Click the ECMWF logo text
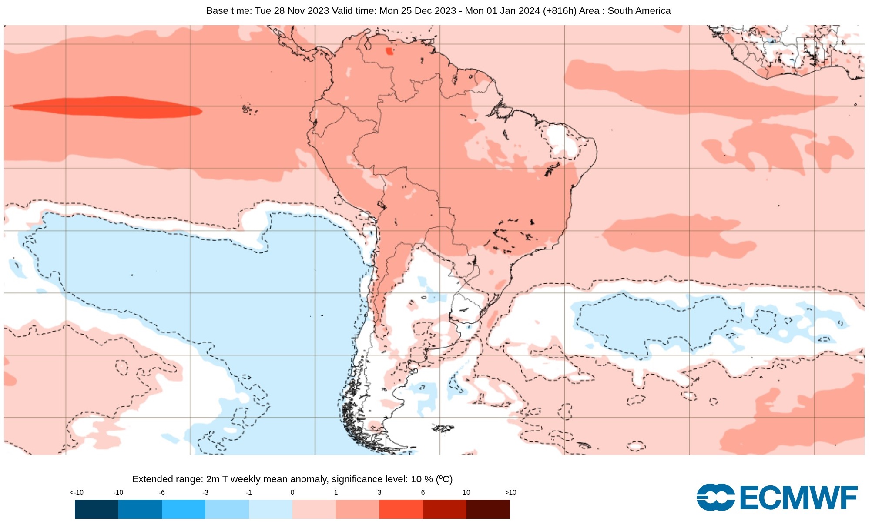click(x=798, y=498)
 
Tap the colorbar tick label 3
click(x=379, y=492)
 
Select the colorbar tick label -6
click(x=161, y=492)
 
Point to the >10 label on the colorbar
click(x=510, y=492)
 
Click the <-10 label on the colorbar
click(x=77, y=492)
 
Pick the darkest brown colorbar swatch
click(x=488, y=509)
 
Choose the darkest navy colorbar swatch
click(x=96, y=509)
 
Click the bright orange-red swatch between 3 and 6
click(x=401, y=509)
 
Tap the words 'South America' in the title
click(x=639, y=11)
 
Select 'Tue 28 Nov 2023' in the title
click(x=292, y=11)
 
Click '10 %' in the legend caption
click(x=422, y=479)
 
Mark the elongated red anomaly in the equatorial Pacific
click(x=109, y=107)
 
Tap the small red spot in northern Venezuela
click(x=389, y=51)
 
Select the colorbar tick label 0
click(x=292, y=492)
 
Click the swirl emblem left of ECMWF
click(x=715, y=498)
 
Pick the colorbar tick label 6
click(x=423, y=492)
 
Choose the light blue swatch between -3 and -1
click(x=227, y=509)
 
